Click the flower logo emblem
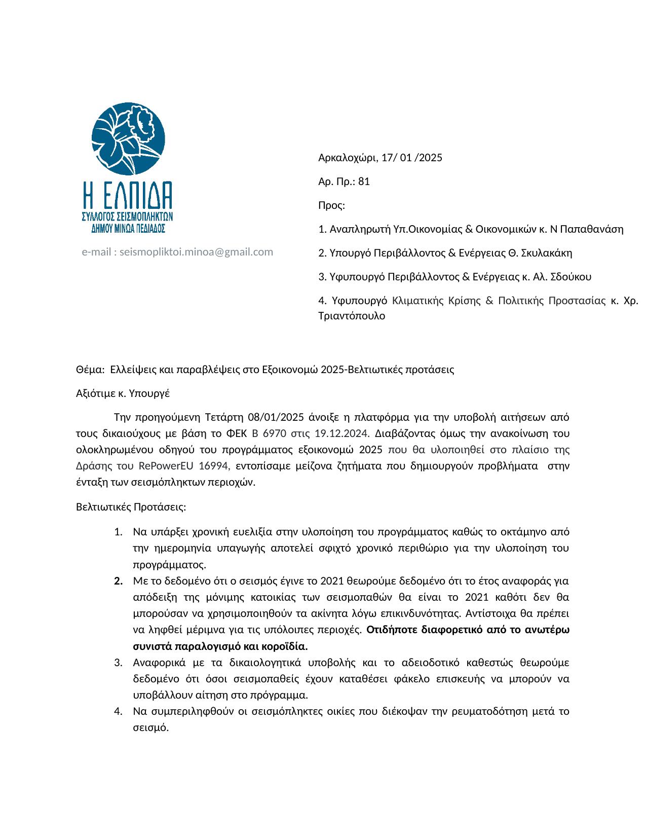pyautogui.click(x=128, y=138)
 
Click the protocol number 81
pyautogui.click(x=364, y=181)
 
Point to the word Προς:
pyautogui.click(x=331, y=205)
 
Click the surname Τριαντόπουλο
pyautogui.click(x=352, y=316)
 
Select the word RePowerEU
pyautogui.click(x=167, y=466)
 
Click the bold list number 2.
pyautogui.click(x=119, y=581)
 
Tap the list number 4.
pyautogui.click(x=119, y=712)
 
